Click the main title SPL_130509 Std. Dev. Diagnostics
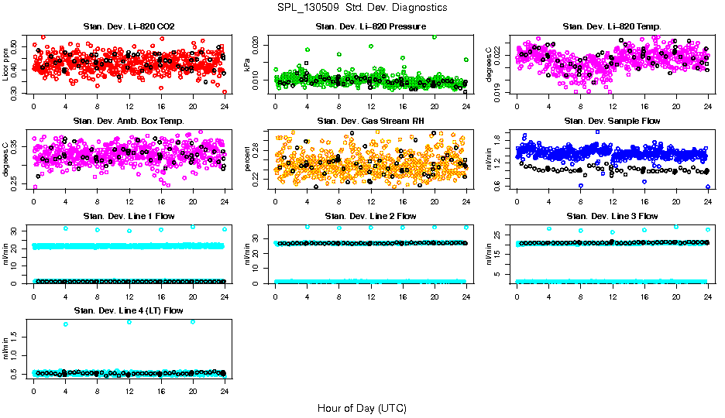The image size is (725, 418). click(x=362, y=7)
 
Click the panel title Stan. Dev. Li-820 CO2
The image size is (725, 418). click(x=129, y=26)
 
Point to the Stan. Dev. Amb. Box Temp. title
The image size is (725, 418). click(x=129, y=121)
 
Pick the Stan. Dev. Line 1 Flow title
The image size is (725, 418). click(x=129, y=216)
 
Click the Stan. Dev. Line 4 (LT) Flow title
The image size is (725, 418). click(x=129, y=310)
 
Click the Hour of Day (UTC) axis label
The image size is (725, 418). click(x=362, y=408)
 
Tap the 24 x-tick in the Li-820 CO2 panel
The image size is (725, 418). click(x=225, y=106)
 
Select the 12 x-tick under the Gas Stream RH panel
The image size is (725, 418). click(x=370, y=200)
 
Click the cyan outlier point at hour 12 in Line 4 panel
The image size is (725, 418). click(x=129, y=321)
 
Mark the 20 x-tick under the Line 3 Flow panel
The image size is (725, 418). click(x=676, y=296)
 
